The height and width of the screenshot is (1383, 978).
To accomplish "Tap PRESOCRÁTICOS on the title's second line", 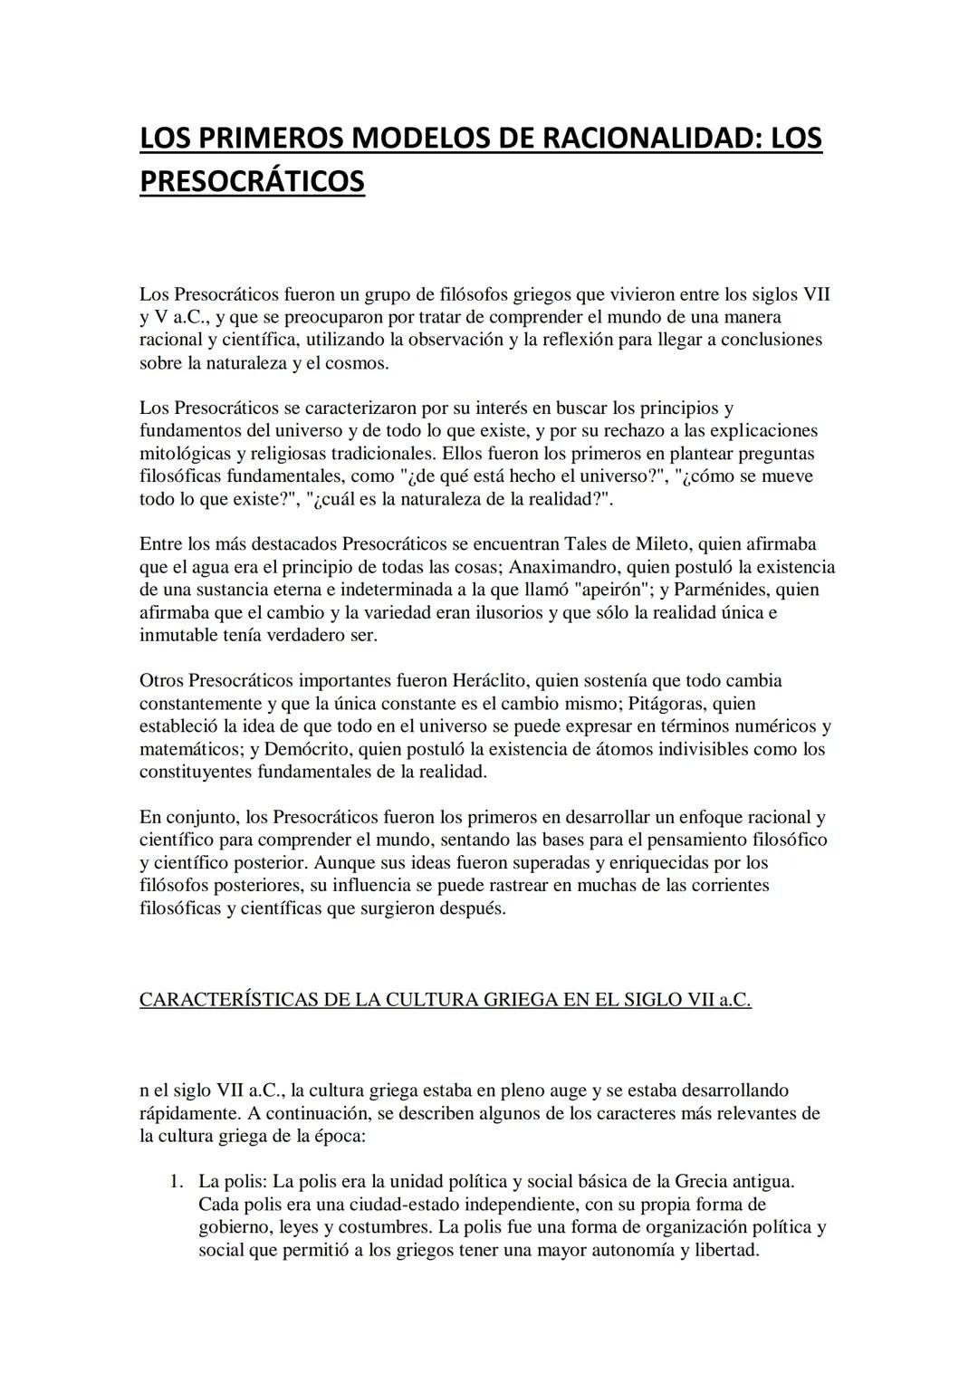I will [252, 180].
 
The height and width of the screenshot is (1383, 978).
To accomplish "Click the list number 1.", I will [176, 1182].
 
